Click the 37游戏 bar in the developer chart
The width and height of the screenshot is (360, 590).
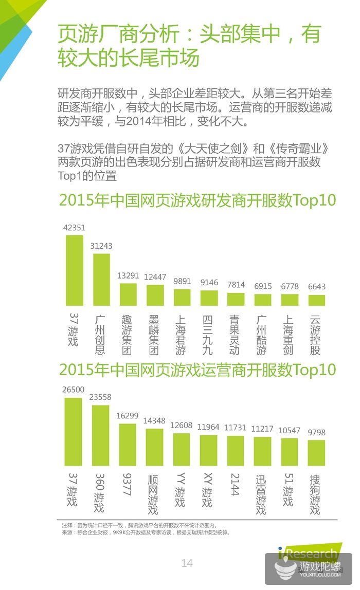pyautogui.click(x=75, y=270)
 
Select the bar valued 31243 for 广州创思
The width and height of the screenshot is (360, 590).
pyautogui.click(x=101, y=280)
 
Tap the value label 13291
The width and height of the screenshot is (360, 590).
pyautogui.click(x=129, y=275)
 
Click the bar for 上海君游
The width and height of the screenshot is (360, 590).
pyautogui.click(x=182, y=298)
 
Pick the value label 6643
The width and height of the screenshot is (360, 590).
pyautogui.click(x=316, y=286)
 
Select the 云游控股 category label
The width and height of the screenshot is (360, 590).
pyautogui.click(x=316, y=334)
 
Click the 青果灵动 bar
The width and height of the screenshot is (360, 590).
pyautogui.click(x=236, y=300)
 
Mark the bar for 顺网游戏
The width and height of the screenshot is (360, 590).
pyautogui.click(x=154, y=447)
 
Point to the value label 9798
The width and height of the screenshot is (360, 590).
pyautogui.click(x=316, y=432)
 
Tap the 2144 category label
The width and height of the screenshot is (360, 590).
pyautogui.click(x=235, y=485)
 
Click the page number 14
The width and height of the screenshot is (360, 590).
pyautogui.click(x=187, y=563)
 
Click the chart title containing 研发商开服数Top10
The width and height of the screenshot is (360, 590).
pyautogui.click(x=197, y=199)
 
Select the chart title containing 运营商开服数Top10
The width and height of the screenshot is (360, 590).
pyautogui.click(x=197, y=370)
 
